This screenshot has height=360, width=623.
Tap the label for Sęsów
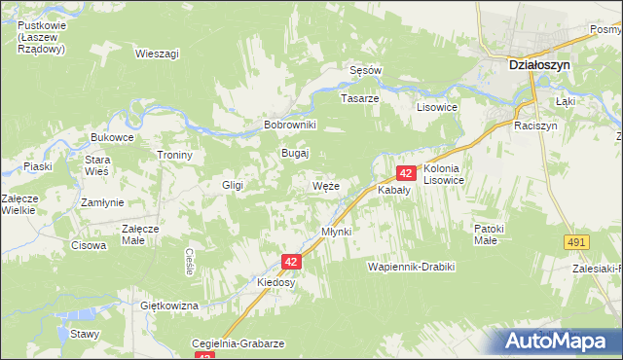366,70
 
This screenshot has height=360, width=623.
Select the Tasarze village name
358,98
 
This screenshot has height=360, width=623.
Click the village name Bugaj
295,154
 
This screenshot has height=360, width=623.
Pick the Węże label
326,185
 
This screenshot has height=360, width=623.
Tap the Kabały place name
394,191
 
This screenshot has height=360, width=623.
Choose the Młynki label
336,231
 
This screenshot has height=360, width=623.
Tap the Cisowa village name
89,245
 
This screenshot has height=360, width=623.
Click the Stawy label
85,334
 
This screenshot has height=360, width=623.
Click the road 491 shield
578,242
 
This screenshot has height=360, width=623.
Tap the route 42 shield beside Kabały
407,173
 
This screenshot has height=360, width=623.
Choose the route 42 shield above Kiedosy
291,262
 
